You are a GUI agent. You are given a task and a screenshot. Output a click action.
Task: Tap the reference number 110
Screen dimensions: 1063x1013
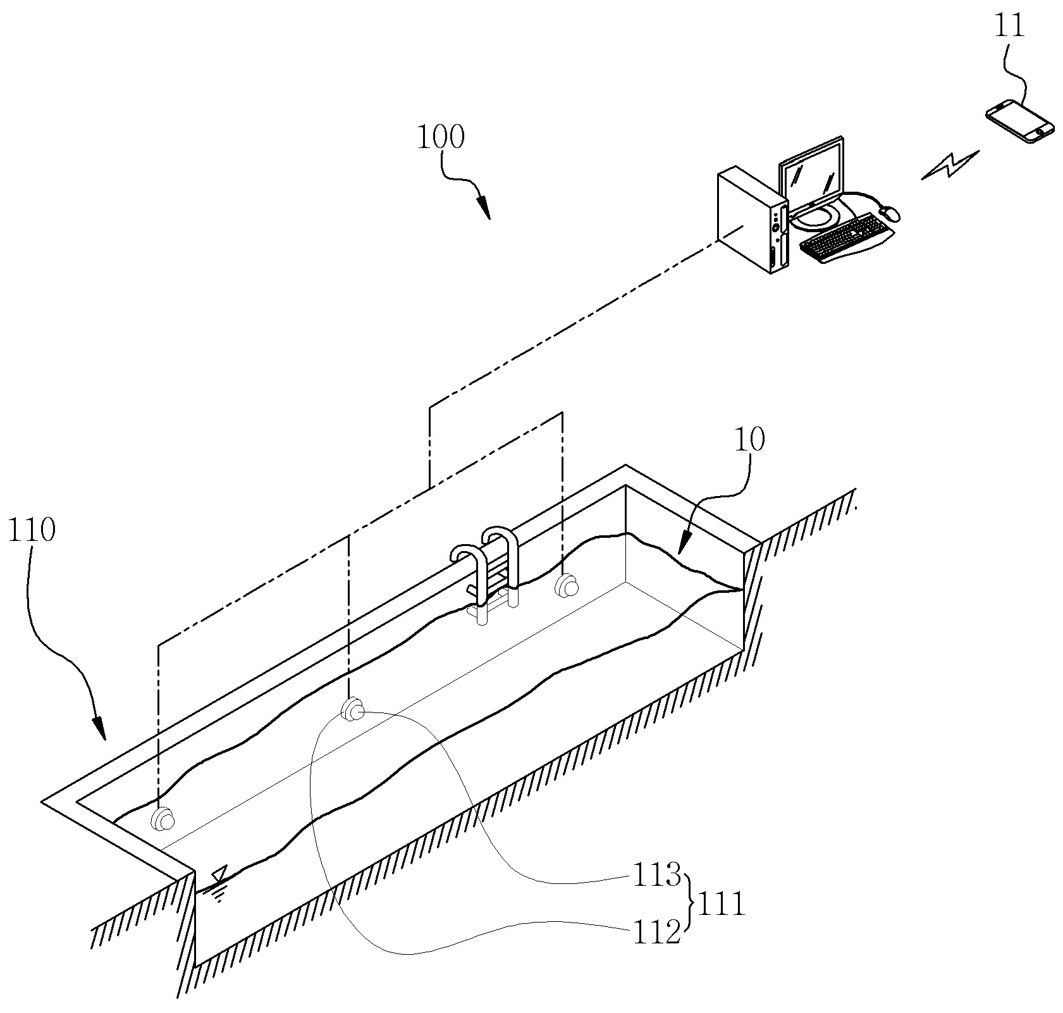32,530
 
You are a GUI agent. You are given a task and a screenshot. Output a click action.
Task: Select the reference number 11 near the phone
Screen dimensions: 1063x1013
1010,28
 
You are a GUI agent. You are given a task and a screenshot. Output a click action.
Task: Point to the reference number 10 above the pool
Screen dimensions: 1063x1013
749,438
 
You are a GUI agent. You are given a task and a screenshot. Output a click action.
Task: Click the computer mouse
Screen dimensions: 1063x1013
890,213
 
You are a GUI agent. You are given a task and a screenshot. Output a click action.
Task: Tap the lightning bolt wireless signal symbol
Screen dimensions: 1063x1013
950,165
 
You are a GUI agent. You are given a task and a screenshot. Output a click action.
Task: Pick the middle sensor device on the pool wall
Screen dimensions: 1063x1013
353,709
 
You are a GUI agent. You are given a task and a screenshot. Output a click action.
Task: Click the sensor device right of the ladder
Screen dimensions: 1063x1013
566,585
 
